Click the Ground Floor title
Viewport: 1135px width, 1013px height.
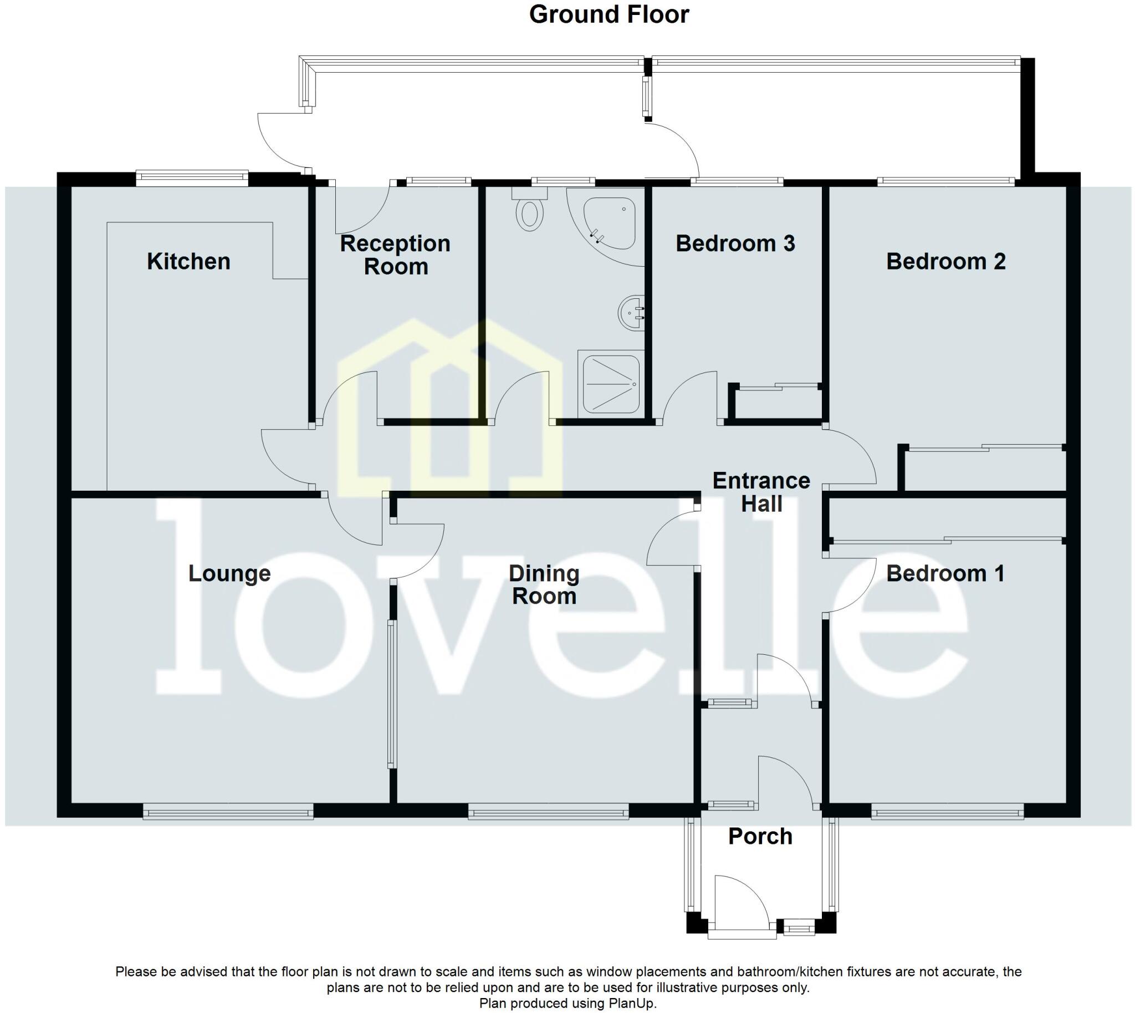coord(609,14)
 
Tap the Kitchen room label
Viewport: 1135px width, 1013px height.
coord(188,262)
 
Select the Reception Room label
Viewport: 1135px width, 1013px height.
coord(395,255)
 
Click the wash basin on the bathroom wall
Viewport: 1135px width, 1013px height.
coord(631,313)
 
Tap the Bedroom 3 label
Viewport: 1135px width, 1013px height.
coord(735,244)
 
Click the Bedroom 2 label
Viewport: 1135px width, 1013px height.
coord(945,262)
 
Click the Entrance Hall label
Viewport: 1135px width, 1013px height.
coord(761,492)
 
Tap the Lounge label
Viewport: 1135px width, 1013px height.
coord(229,574)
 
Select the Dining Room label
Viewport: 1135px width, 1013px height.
coord(544,585)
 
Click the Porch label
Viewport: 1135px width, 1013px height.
coord(760,837)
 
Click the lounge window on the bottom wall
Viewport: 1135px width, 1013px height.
coord(228,813)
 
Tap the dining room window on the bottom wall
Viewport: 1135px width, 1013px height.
coord(548,813)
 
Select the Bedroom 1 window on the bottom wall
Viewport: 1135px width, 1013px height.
coord(947,813)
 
